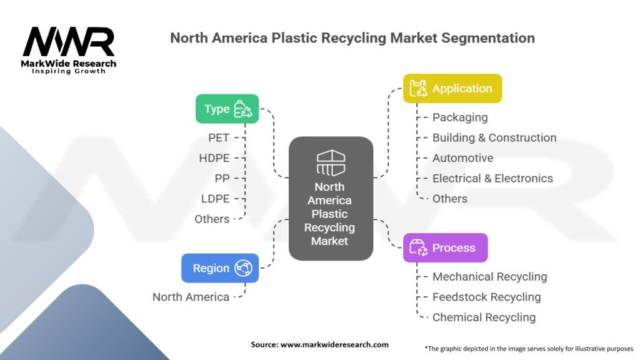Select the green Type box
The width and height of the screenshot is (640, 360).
(227, 109)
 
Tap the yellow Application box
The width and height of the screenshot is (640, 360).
(452, 89)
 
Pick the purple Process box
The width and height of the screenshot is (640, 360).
(445, 247)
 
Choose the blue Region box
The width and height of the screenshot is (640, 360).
(220, 268)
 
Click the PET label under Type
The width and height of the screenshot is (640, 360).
(219, 137)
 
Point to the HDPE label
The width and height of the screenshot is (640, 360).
(214, 158)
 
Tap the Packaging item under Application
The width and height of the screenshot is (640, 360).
(460, 117)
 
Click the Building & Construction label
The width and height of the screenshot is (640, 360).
(494, 137)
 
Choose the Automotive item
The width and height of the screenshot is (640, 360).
(462, 158)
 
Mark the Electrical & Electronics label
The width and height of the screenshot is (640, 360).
(492, 178)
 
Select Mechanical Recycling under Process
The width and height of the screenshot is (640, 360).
(489, 276)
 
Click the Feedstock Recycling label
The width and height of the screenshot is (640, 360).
(486, 297)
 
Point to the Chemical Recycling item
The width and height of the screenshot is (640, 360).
(484, 317)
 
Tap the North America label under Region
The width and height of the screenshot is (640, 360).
(191, 297)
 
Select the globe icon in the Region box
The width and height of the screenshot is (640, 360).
(242, 268)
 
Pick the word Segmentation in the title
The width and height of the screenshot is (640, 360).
(487, 38)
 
